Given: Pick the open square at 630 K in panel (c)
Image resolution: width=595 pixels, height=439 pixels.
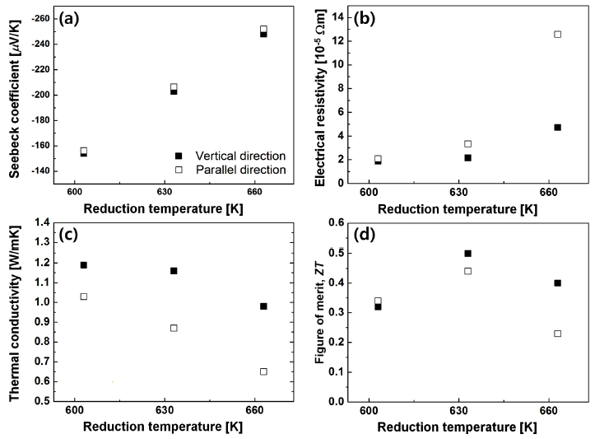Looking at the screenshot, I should coord(174,328).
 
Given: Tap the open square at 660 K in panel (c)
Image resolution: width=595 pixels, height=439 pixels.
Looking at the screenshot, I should coord(263,371).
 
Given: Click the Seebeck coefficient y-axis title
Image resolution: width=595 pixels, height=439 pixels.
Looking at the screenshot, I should coord(13,95).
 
